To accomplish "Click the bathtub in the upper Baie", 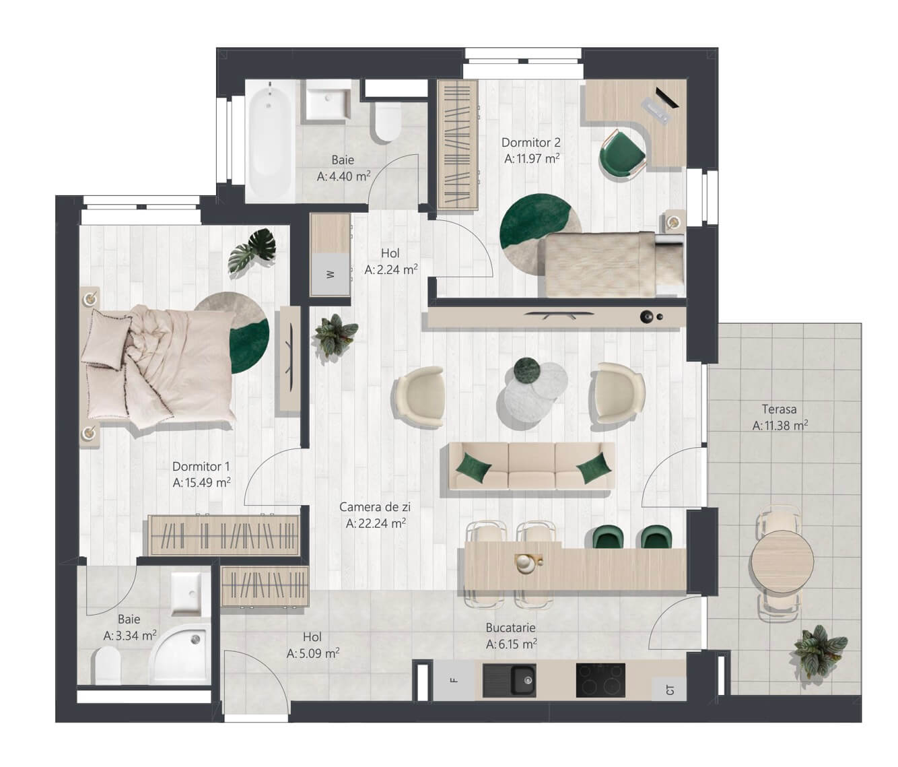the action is [270, 141].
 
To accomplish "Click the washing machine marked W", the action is [331, 275].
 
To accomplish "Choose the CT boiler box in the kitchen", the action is [669, 689].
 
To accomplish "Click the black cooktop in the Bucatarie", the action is [600, 680].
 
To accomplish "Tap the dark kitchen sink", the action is [509, 680].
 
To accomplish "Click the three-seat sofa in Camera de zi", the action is [532, 466].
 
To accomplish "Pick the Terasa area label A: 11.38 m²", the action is [780, 426].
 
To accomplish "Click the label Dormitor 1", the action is [201, 466].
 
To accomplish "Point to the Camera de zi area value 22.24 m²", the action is [383, 523].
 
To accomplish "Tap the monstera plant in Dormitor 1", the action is [252, 251].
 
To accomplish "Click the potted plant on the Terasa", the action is [820, 651].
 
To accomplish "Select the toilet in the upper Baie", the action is [388, 122].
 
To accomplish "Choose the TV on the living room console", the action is [559, 314].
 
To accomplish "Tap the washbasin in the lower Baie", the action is [186, 594].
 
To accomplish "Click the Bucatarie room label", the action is [510, 628].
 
